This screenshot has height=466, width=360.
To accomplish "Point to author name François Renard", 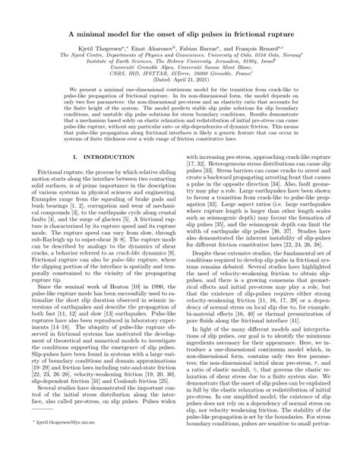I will pos(263,47).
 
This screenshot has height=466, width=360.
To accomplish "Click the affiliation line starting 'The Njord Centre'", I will pos(180,55).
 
